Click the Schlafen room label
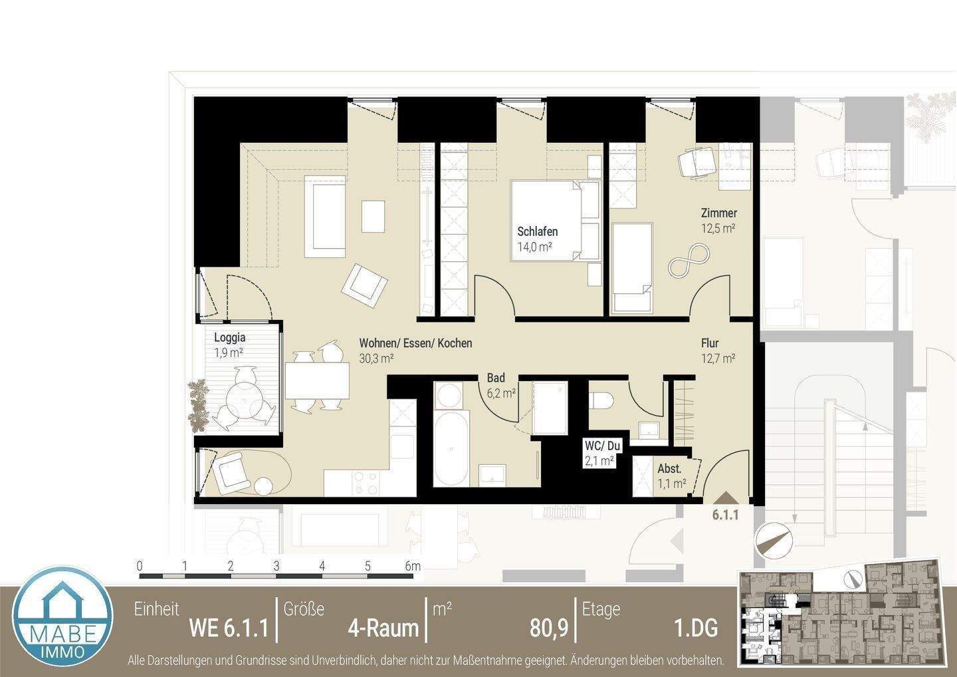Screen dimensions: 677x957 coord(537,232)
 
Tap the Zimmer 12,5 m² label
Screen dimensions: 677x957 coord(718,213)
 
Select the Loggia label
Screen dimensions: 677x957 coord(229,338)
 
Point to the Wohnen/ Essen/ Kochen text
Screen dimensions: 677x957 coord(415,344)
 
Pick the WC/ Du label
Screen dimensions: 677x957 coord(598,445)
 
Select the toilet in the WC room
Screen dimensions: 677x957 coord(601,401)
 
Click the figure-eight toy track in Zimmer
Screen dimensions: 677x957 coord(689,261)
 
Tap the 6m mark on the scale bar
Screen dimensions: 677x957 coord(413,567)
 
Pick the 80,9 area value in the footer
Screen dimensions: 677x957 coord(548,628)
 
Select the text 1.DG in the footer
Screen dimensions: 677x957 coord(695,628)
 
